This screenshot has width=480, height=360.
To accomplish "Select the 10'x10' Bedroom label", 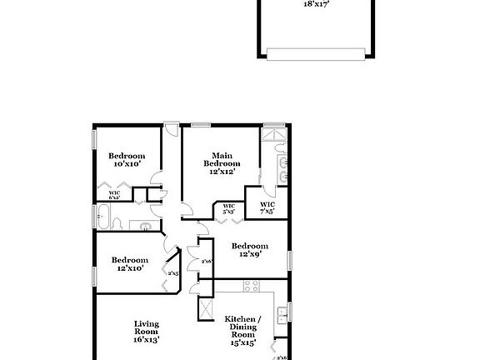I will coord(127,160).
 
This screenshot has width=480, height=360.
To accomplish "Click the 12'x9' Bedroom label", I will coord(250,250).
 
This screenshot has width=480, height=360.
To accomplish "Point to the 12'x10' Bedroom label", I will coord(129,264).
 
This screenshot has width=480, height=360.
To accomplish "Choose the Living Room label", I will coord(147,331).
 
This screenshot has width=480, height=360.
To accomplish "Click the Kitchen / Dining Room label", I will coord(242,330).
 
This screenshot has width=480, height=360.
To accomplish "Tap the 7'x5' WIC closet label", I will coord(267,207).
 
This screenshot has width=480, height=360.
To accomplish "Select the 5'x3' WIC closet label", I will coord(227,209).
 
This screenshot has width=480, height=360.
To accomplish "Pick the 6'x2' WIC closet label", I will coord(115,197).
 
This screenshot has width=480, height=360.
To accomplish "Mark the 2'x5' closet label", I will coord(174,273).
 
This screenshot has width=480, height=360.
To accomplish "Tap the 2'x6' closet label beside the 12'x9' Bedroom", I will coord(207,261).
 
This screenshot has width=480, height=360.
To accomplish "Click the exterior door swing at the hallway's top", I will coord(171,131).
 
